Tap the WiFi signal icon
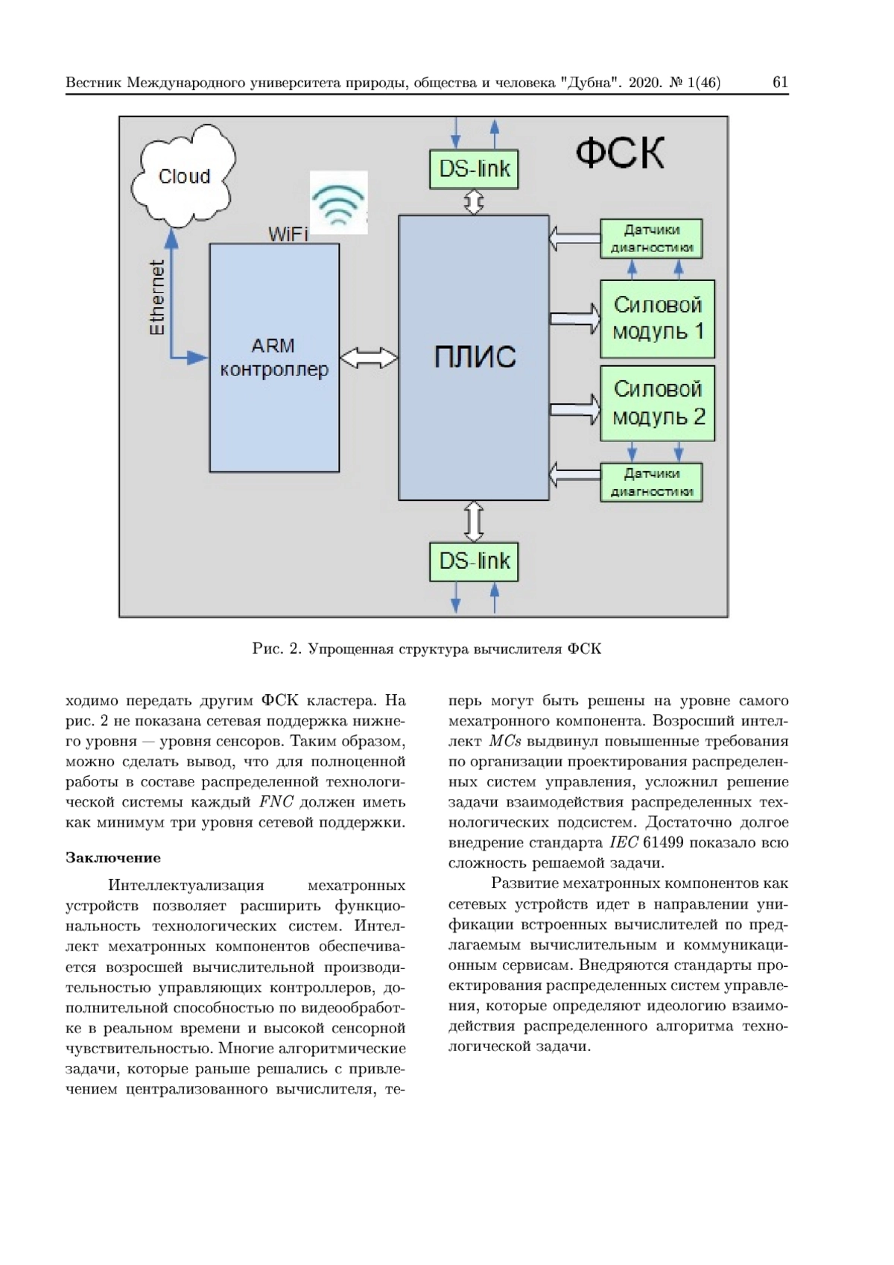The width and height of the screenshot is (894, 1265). (339, 202)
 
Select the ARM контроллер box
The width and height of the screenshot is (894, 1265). (274, 357)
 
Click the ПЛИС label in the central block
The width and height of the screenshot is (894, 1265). (475, 357)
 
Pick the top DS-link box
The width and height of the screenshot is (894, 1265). (474, 168)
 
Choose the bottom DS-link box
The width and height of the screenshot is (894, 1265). (474, 561)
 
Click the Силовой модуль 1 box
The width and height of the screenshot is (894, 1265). (657, 318)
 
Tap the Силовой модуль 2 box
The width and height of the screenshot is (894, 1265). (657, 403)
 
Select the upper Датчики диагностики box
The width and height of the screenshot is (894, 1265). (651, 239)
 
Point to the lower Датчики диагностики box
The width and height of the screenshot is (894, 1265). (651, 482)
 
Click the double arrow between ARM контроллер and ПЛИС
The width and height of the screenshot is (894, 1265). (369, 358)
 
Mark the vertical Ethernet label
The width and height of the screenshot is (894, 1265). (157, 297)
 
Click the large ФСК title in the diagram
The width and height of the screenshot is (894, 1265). (620, 154)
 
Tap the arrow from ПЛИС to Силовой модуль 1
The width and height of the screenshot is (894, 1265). (574, 318)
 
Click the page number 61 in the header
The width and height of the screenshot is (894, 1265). (780, 83)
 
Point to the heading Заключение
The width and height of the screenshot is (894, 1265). (113, 857)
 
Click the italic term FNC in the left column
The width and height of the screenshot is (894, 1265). (276, 802)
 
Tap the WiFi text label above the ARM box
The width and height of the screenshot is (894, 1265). (288, 234)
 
